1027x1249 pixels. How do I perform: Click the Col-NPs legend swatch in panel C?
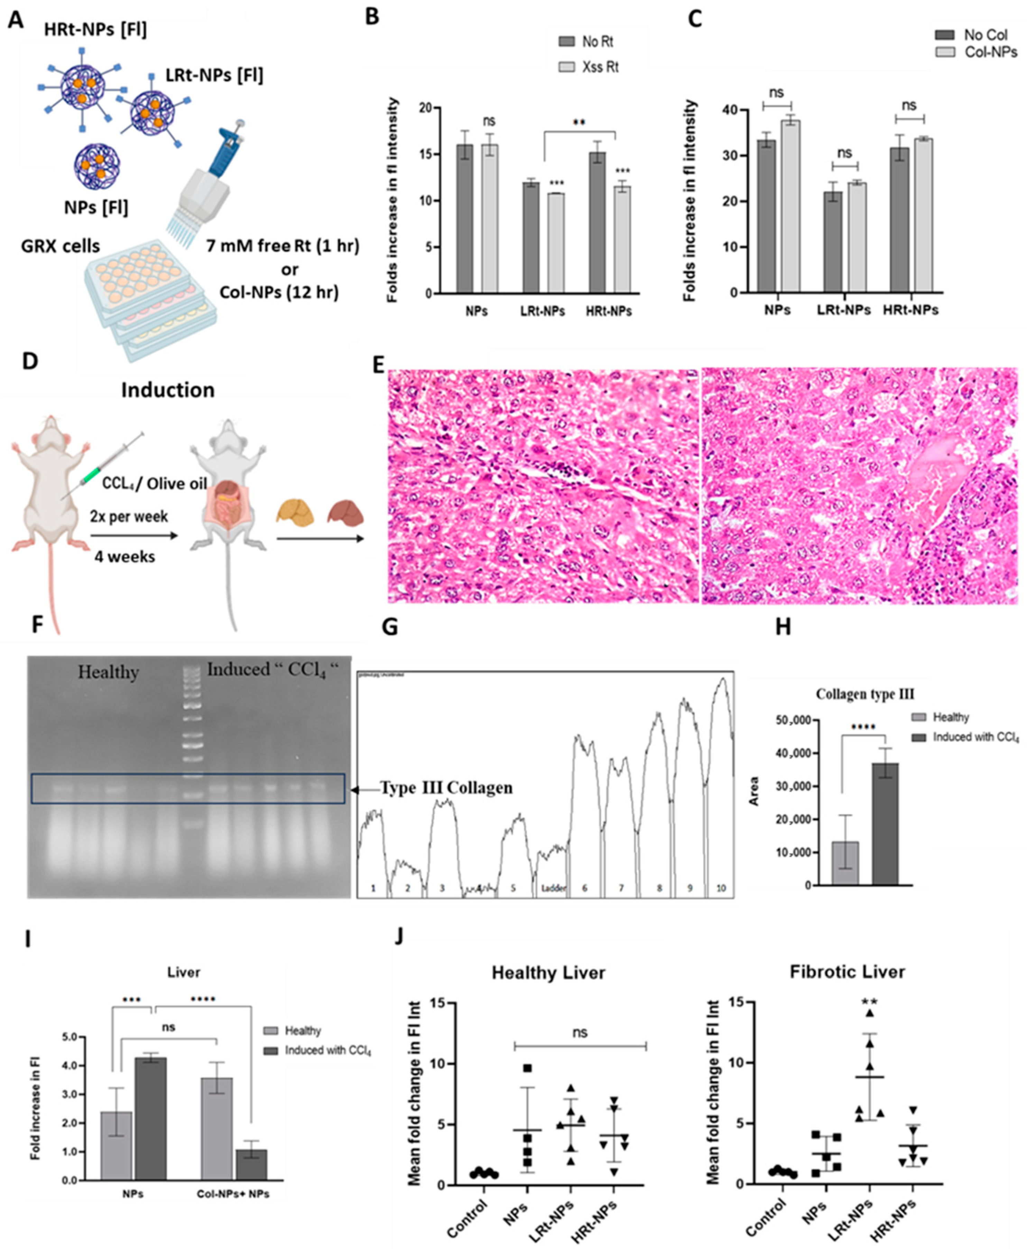click(945, 52)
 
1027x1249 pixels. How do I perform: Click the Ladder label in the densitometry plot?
click(553, 888)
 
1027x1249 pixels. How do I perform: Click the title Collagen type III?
click(865, 694)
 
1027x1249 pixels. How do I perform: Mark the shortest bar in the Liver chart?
click(251, 1164)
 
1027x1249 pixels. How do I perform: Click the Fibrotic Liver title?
click(847, 972)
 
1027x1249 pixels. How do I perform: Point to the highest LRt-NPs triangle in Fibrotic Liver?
click(870, 1013)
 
